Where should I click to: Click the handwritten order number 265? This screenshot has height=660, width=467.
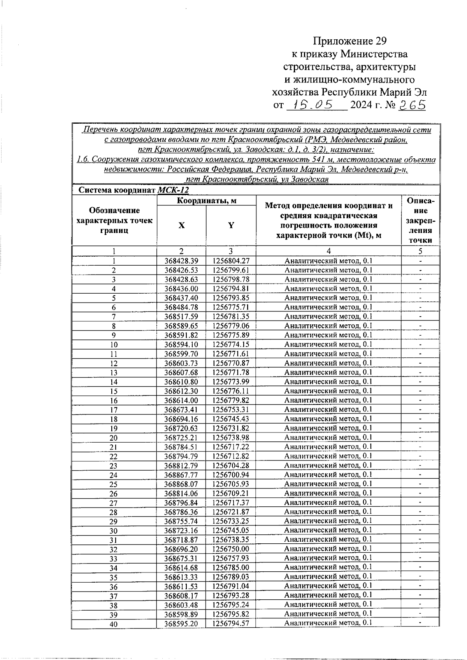pos(413,105)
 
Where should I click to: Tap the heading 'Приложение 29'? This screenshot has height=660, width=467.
pos(350,41)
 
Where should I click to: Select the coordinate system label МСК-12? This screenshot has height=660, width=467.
pos(173,190)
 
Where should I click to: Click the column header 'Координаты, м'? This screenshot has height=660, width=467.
pos(207,201)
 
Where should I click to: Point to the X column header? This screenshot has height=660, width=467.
pos(181,226)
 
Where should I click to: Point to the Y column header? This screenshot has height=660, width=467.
pos(231,226)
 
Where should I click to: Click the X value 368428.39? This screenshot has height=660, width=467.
pos(181,261)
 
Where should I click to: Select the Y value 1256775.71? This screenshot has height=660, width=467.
pos(231,307)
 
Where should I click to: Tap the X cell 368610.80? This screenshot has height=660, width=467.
pos(181,382)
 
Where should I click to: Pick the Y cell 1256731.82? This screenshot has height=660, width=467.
pos(231,428)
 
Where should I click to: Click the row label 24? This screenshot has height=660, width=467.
pos(114,475)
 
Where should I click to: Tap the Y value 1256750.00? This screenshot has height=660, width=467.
pos(231,549)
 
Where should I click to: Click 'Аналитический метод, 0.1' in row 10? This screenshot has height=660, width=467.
pos(328,344)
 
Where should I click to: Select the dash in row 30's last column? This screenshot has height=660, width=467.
pos(420,530)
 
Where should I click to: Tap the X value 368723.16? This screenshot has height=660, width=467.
pos(181,530)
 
